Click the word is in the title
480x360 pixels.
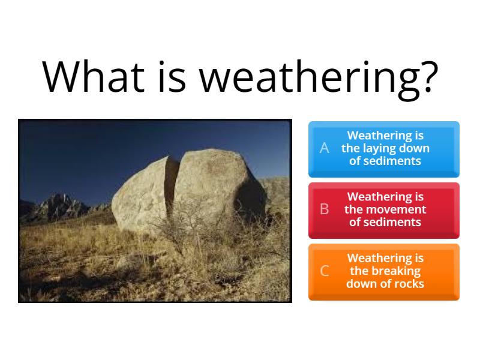(x=172, y=77)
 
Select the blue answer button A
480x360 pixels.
(x=383, y=149)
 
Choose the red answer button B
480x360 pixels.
(x=383, y=209)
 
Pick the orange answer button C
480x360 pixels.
(x=383, y=271)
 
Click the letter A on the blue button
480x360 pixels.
(x=325, y=148)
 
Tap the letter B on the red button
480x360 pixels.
(x=325, y=209)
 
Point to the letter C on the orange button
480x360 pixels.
(x=325, y=271)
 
